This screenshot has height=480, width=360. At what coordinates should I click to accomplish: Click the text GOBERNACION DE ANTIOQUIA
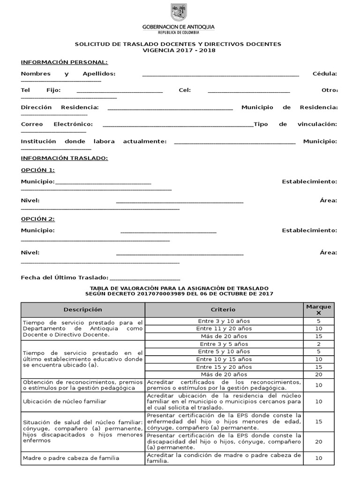[178, 27]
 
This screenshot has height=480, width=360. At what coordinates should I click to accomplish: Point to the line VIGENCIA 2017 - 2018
[178, 51]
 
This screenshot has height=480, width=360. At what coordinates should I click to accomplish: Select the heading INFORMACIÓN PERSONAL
[64, 62]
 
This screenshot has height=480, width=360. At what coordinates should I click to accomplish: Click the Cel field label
[185, 90]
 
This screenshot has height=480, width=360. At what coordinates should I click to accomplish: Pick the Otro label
[330, 90]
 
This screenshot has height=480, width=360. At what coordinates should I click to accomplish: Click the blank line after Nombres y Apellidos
[220, 75]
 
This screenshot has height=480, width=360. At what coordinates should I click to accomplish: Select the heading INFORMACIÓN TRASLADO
[64, 158]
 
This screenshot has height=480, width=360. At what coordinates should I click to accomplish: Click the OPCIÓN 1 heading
[38, 170]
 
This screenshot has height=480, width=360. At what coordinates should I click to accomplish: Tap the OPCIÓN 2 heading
[38, 219]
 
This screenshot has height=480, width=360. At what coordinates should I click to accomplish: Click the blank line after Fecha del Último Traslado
[144, 279]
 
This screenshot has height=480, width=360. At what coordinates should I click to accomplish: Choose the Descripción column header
[82, 310]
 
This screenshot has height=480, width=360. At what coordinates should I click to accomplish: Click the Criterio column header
[224, 310]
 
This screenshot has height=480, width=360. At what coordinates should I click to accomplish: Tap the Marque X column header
[318, 310]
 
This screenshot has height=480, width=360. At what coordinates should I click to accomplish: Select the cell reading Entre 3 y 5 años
[224, 344]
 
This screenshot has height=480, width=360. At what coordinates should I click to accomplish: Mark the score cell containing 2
[318, 344]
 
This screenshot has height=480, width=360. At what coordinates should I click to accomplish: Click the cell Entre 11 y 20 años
[224, 329]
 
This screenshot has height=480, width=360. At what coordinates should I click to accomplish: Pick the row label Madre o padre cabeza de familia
[71, 458]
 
